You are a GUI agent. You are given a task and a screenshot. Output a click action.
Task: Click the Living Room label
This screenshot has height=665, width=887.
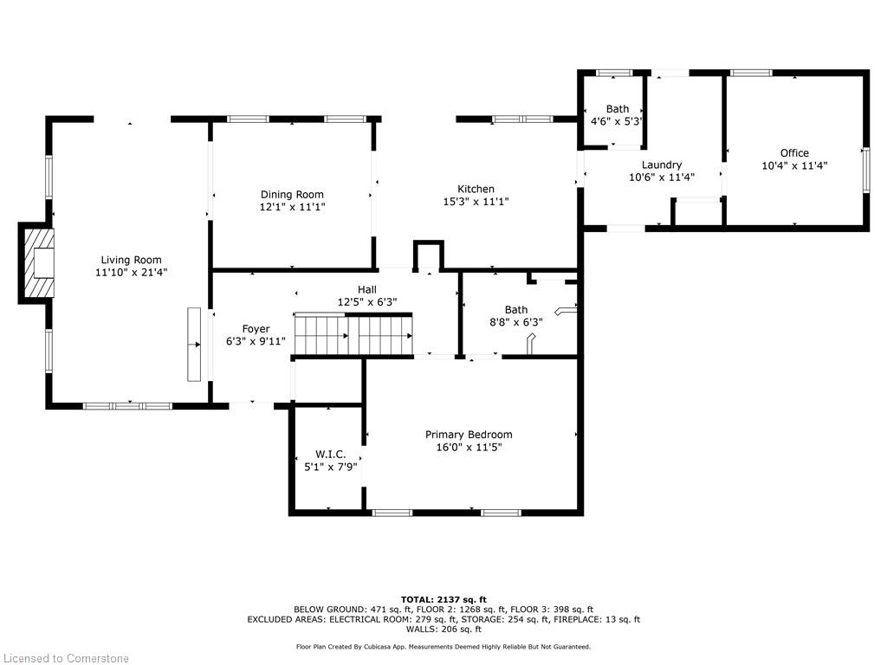coord(131,260)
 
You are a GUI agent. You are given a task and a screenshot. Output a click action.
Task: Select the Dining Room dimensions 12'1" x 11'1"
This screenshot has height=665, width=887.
coord(293,208)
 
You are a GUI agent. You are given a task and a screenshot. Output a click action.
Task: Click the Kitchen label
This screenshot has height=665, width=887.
coord(476,189)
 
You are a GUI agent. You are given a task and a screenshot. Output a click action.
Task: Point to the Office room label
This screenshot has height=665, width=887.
coord(794,153)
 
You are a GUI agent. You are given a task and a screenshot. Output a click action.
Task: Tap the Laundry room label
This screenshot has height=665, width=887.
coord(662,165)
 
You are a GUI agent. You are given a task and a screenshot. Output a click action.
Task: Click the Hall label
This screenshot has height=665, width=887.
coord(368,290)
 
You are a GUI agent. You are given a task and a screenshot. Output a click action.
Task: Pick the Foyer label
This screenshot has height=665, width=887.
coord(256,329)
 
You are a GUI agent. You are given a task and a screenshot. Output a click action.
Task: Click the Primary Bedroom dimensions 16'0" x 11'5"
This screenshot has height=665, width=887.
coord(469,448)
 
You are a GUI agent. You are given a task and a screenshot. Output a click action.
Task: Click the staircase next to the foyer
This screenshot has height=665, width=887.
coord(353,335)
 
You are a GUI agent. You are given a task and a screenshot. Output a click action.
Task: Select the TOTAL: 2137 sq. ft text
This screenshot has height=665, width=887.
coord(443,599)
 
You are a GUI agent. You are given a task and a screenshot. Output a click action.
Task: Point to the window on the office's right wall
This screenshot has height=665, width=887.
coord(864,169)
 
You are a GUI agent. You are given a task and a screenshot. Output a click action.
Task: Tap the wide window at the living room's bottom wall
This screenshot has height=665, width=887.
coord(127,405)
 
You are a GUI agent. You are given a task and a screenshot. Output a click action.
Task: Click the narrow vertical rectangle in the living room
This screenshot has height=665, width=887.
coord(194,344)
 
